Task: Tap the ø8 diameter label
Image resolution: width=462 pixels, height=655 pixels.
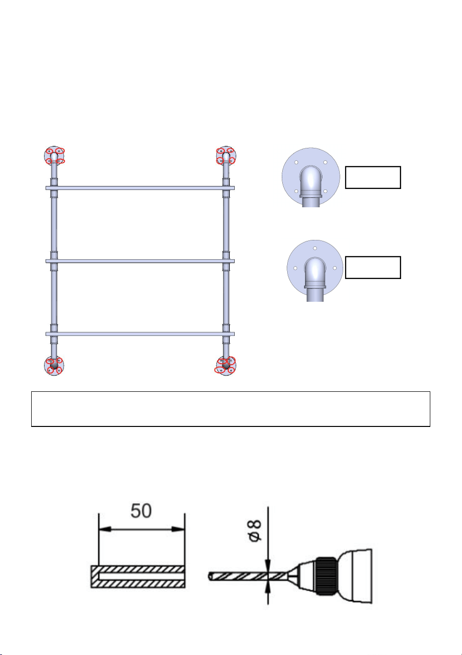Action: pos(255,531)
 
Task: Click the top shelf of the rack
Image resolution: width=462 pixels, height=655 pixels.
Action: pos(140,187)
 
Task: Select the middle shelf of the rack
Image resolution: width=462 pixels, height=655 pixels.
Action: pos(140,261)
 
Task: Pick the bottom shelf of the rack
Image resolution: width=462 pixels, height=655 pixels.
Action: pos(140,334)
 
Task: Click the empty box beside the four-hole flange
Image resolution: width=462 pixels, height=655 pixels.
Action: pos(373,178)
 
